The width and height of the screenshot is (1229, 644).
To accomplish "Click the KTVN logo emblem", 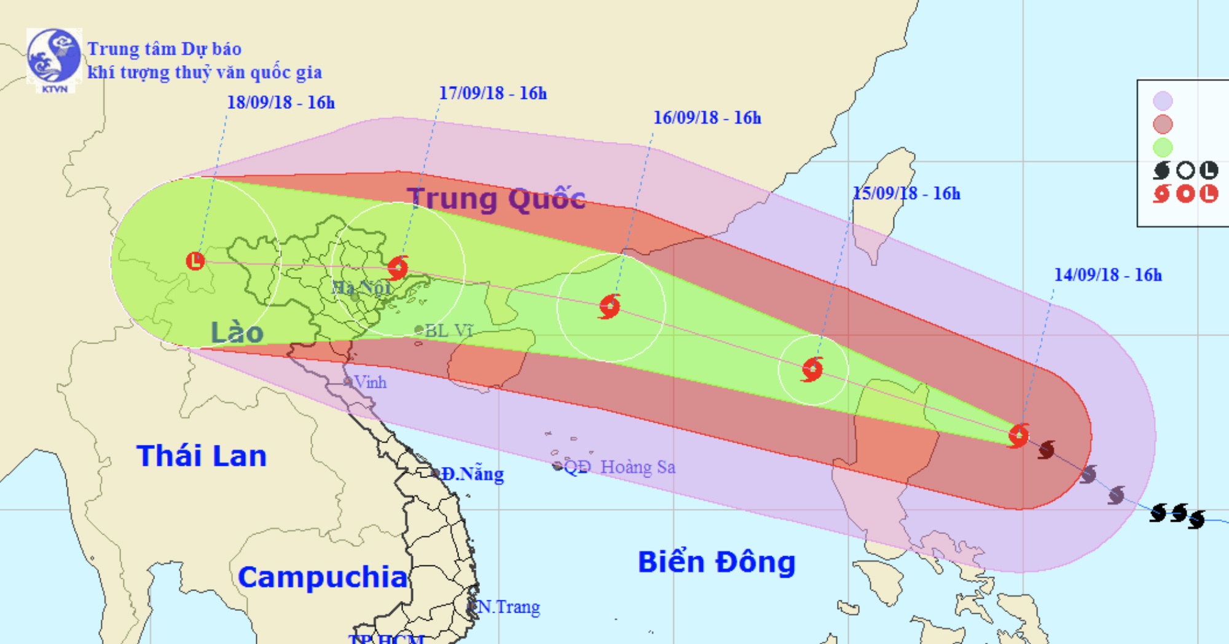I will click(x=53, y=59).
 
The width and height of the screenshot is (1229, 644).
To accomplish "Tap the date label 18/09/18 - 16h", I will click(x=281, y=103).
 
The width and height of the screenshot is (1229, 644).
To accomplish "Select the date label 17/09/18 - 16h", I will click(x=492, y=93).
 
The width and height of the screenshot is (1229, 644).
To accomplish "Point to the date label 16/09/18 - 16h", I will click(x=707, y=118).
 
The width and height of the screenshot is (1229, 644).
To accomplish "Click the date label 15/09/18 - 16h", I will click(x=906, y=194).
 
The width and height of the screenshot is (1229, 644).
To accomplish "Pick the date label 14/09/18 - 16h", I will click(x=1108, y=275).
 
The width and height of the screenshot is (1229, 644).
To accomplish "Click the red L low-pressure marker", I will click(x=195, y=261).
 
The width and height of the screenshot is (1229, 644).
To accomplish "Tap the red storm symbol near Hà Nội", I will click(x=399, y=268).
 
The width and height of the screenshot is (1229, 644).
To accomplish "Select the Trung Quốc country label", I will click(x=497, y=199).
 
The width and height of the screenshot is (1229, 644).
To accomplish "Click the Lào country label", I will click(x=237, y=333).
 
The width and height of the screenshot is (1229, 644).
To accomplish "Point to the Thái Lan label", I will click(x=202, y=457).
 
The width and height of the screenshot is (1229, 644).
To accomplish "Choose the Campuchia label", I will click(x=323, y=578).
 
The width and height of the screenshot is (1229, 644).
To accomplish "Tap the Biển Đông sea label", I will click(x=717, y=562).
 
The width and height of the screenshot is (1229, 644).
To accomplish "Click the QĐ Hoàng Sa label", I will click(x=619, y=467).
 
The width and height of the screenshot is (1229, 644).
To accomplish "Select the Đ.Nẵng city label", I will click(x=472, y=474).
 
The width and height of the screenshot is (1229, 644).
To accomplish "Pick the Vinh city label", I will click(x=370, y=383).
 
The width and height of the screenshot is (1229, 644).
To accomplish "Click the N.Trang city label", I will click(x=508, y=607).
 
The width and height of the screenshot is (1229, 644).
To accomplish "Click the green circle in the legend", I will click(x=1163, y=147).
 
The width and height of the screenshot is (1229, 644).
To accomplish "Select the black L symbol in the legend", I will click(x=1209, y=170).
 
